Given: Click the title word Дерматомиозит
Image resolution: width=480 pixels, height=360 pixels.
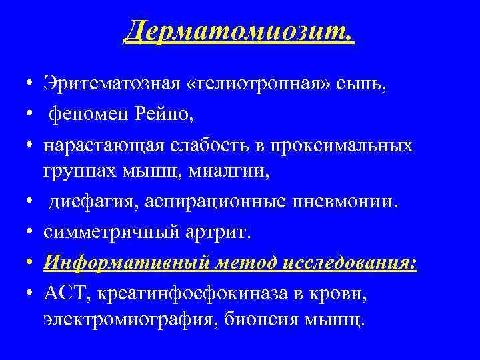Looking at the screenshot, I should (x=239, y=31).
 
